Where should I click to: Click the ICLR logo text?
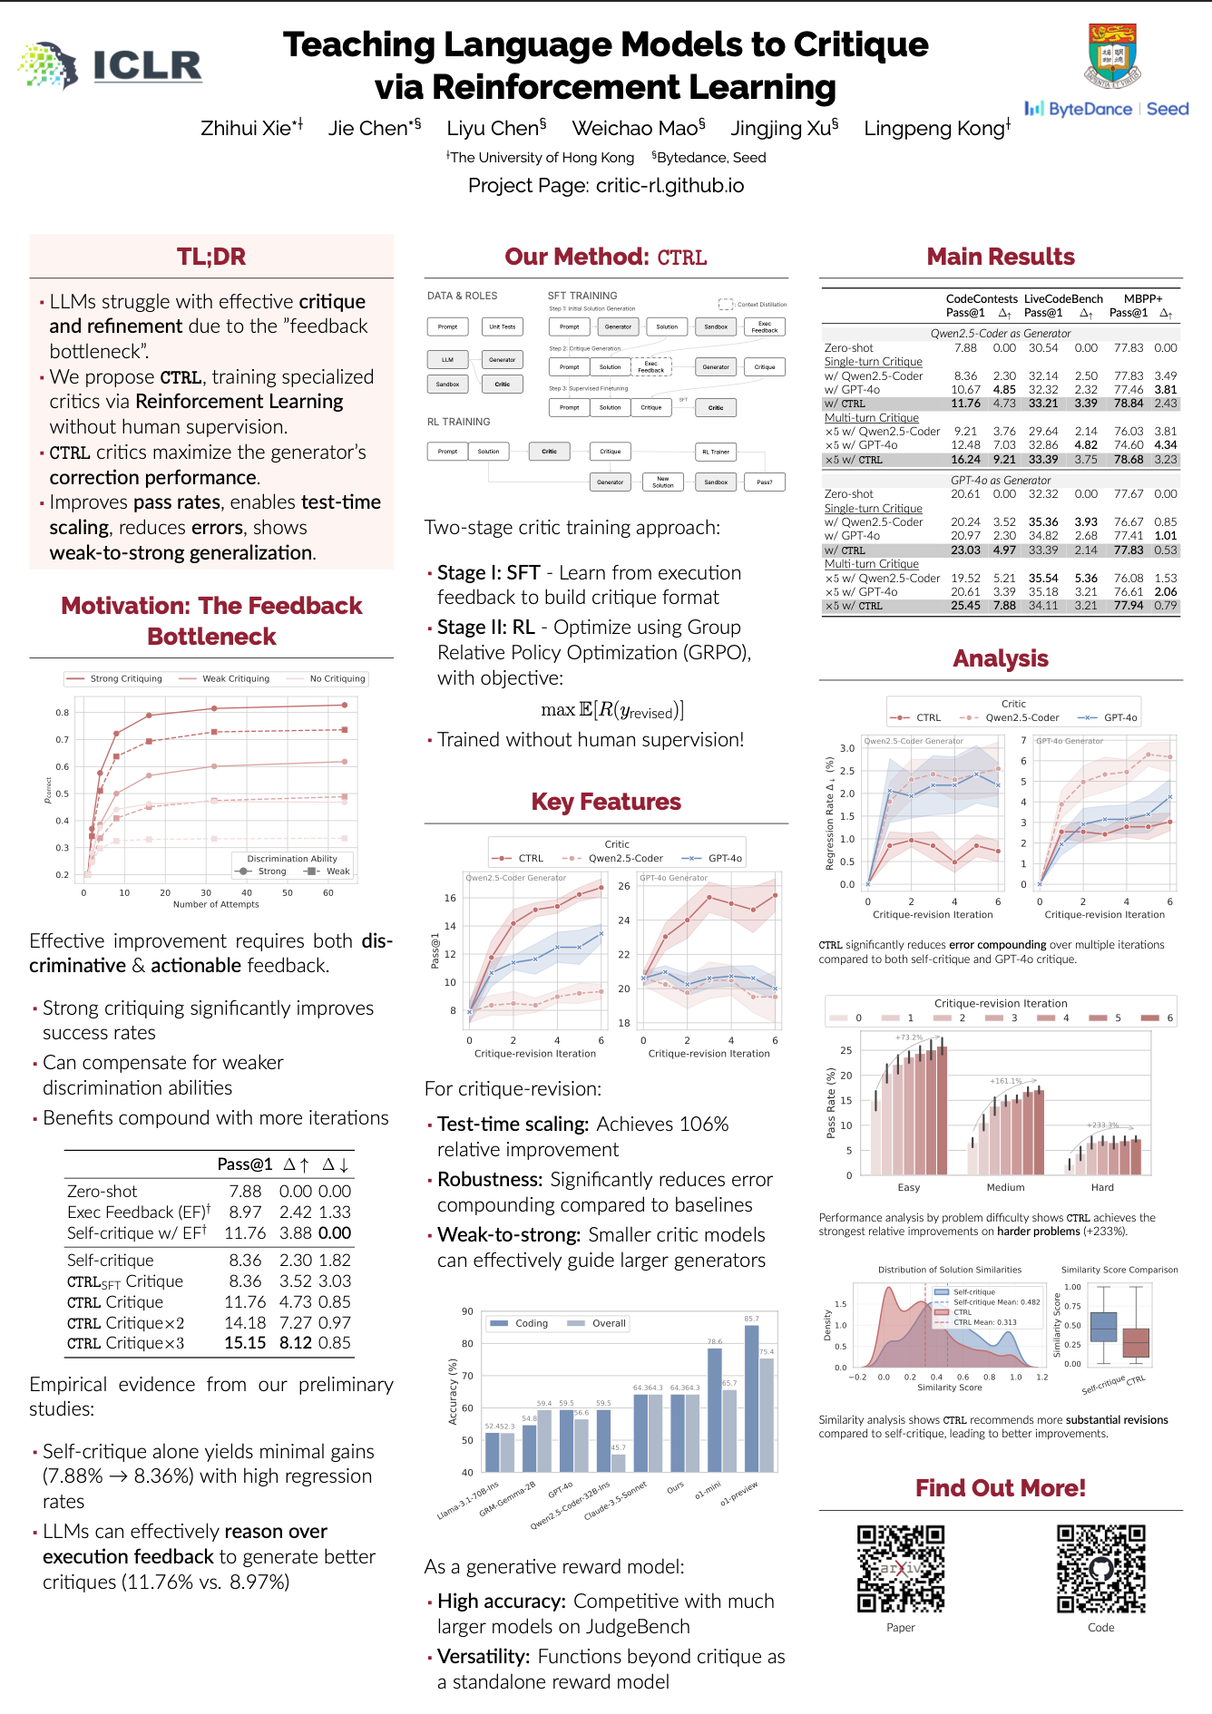point(147,65)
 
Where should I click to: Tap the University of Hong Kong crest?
point(1113,55)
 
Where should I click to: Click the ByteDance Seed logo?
point(1107,109)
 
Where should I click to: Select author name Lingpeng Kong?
point(936,128)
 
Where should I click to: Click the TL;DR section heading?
point(211,257)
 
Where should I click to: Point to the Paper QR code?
point(901,1568)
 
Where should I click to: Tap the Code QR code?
point(1100,1568)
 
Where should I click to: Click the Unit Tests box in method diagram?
point(503,326)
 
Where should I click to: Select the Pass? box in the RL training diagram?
point(765,482)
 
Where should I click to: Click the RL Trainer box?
point(716,452)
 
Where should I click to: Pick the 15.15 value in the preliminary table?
point(245,1343)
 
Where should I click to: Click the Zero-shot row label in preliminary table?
point(102,1191)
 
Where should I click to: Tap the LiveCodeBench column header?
point(1063,298)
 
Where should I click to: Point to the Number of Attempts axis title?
point(216,904)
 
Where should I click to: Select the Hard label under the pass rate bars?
point(1102,1187)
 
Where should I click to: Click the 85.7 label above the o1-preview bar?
point(751,1319)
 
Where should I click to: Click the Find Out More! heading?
point(1000,1488)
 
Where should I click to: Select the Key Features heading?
point(606,802)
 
